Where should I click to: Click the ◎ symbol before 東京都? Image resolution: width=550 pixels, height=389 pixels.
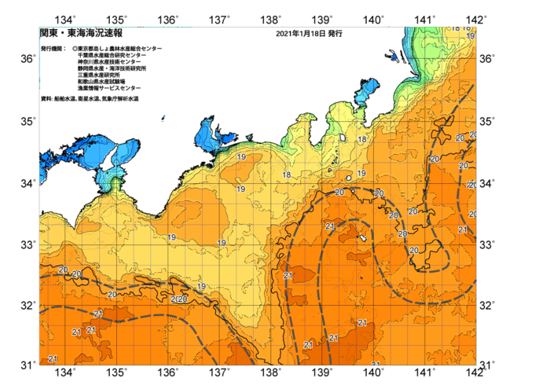pos(75,49)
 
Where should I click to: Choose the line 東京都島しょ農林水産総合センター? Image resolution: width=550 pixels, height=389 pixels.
pos(120,49)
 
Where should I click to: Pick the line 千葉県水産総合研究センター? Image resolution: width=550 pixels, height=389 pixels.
pos(111,56)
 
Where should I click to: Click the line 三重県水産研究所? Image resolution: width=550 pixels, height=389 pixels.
pos(101,75)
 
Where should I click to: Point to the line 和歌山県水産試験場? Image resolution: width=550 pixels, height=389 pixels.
pos(103,82)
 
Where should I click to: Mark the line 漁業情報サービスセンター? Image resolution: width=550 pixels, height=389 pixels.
pos(108,88)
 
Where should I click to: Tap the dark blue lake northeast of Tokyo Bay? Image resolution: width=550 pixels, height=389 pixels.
pos(390,56)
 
